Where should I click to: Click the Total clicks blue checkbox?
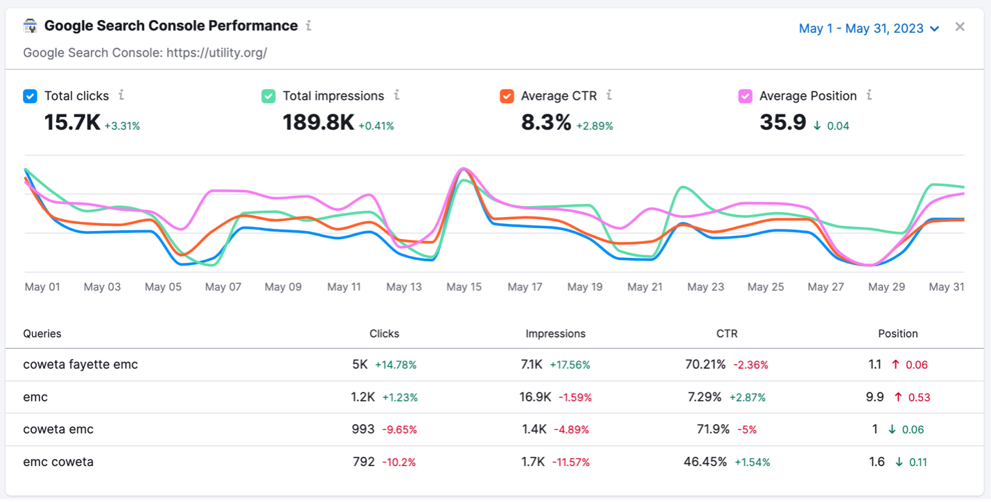[30, 96]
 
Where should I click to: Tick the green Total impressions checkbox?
[268, 96]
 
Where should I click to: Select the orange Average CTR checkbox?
[507, 96]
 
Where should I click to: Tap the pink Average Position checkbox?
[745, 96]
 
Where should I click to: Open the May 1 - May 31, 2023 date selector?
[868, 28]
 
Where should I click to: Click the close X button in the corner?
[960, 27]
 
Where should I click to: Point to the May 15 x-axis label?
[464, 287]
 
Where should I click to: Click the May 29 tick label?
[886, 287]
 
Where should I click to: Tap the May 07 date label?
[223, 287]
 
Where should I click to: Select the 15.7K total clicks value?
[72, 123]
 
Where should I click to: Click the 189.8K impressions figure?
[318, 123]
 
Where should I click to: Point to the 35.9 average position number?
[782, 123]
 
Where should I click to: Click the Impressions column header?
[555, 334]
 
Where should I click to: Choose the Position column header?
[897, 334]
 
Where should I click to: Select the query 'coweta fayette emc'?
[80, 365]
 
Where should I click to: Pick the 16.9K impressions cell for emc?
[534, 397]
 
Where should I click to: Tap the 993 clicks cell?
[363, 429]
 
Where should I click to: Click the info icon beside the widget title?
[308, 26]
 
